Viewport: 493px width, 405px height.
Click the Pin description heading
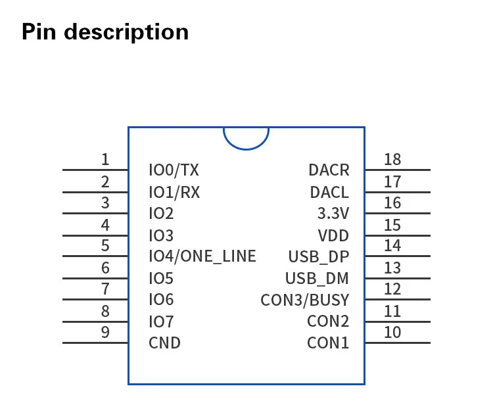point(105,32)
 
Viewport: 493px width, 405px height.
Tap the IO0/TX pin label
point(174,170)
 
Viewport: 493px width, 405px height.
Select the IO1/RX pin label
point(174,192)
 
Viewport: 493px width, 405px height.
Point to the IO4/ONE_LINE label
point(202,256)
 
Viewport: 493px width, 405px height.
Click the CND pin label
point(164,343)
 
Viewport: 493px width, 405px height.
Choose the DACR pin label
point(329,170)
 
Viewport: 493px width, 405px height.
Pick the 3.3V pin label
point(333,214)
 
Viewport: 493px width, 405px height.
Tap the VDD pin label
point(333,235)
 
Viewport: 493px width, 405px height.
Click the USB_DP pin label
point(319,256)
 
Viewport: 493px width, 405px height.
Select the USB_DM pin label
point(317,278)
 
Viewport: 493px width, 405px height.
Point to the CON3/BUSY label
point(305,300)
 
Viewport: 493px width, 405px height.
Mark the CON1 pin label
point(328,343)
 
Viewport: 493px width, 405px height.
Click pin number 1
point(105,160)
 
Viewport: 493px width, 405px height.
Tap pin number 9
point(105,333)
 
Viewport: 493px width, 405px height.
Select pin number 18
point(392,160)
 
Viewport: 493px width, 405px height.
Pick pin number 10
point(392,333)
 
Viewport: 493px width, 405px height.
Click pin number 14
point(392,246)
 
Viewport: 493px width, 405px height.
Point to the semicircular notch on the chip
point(246,137)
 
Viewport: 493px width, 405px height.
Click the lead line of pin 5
point(95,256)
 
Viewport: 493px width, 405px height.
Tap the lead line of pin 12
point(398,300)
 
